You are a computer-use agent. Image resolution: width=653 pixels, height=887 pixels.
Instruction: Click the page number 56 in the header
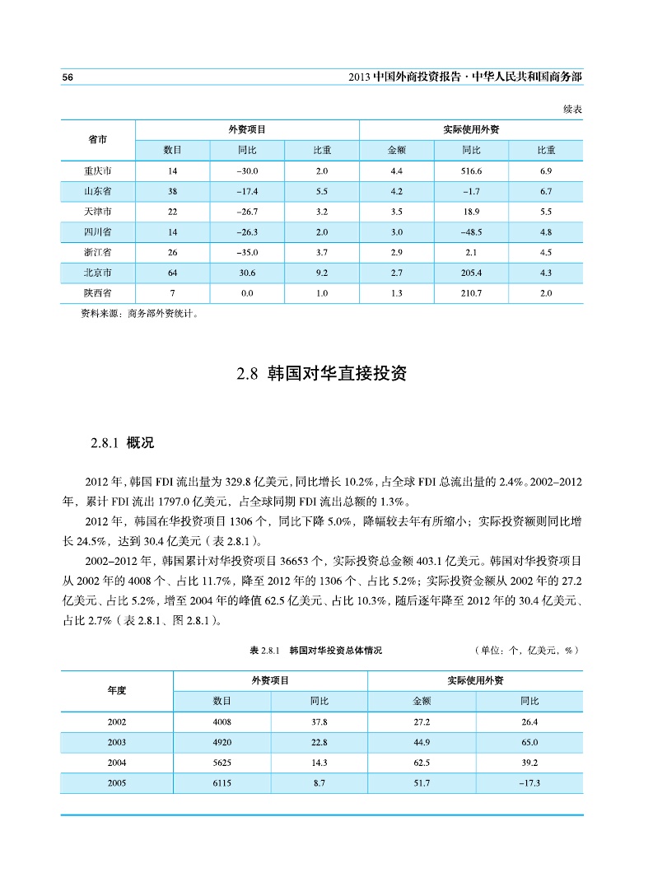pos(68,77)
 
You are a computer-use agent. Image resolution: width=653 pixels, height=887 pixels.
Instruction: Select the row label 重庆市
pos(98,171)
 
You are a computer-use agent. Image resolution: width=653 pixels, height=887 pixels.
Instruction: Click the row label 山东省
pos(98,191)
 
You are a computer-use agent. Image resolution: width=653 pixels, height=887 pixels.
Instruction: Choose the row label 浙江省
pos(98,252)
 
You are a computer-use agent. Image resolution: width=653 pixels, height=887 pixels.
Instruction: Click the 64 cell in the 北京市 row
pos(172,272)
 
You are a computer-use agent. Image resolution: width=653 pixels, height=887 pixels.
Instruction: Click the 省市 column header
pos(98,140)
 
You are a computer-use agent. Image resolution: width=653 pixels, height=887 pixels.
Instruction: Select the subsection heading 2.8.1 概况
pos(123,443)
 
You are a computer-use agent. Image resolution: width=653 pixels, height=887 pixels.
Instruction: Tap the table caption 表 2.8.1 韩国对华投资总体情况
pos(315,651)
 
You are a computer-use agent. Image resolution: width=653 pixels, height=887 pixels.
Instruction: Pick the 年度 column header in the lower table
pos(117,690)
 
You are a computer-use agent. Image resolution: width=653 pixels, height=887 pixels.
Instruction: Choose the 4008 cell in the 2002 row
pos(222,722)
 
